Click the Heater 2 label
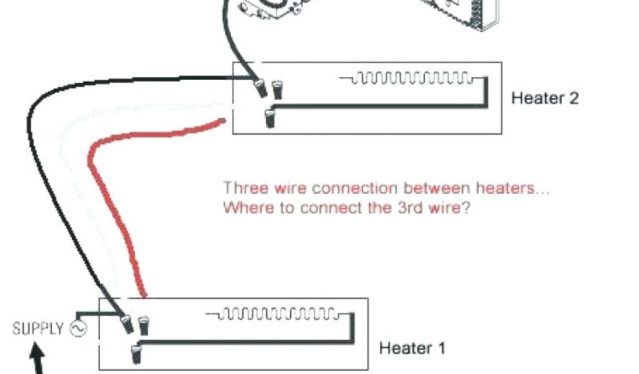click(x=545, y=98)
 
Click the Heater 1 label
click(x=412, y=347)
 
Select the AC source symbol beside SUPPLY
click(x=79, y=328)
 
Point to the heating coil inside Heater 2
click(x=412, y=78)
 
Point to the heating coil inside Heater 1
click(x=278, y=312)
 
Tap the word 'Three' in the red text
click(x=245, y=188)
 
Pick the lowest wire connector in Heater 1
click(x=135, y=353)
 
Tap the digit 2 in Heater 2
click(x=573, y=98)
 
